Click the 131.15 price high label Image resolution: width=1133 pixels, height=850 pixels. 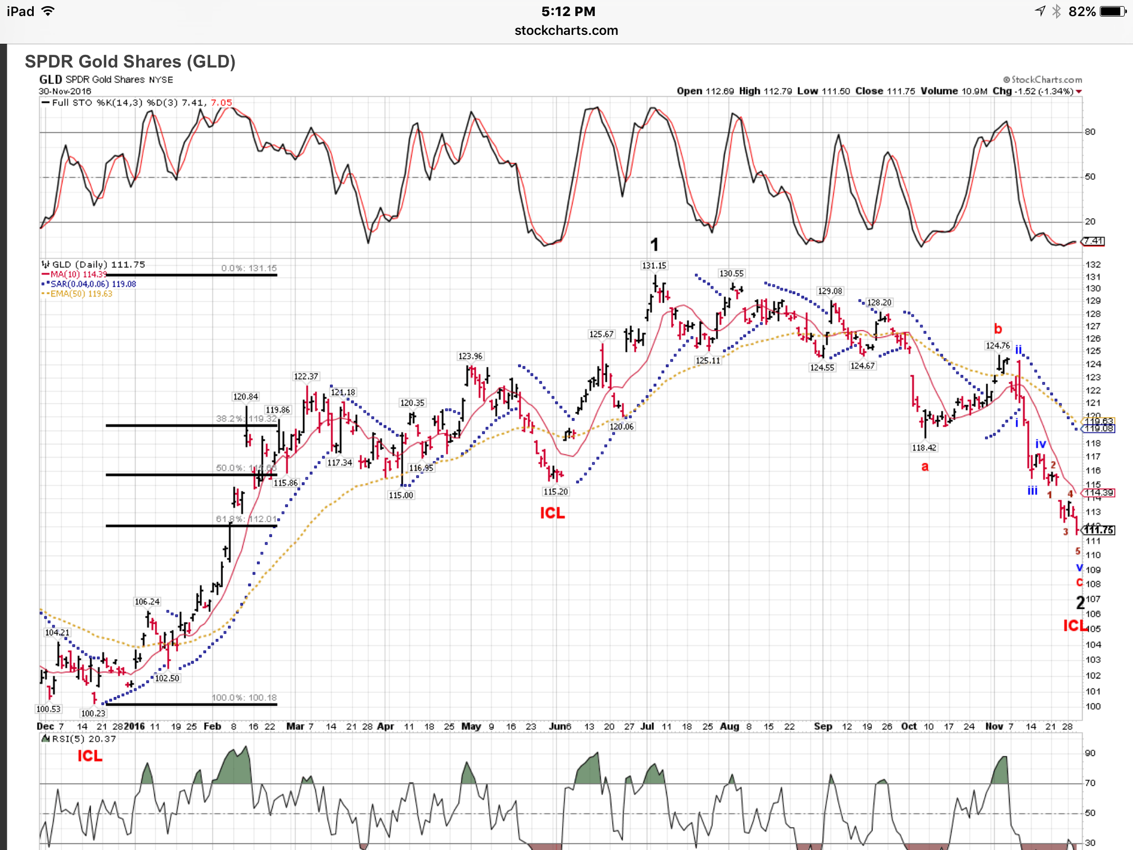654,266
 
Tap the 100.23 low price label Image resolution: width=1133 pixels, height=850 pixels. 92,713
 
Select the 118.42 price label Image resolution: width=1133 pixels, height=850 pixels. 924,448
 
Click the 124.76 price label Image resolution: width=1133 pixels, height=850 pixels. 997,346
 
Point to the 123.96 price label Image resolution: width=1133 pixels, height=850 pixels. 470,356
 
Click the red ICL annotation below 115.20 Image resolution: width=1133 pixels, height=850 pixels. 552,514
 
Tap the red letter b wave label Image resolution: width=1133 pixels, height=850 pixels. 997,329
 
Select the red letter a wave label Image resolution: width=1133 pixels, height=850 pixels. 924,467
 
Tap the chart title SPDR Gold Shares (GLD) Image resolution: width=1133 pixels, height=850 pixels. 130,61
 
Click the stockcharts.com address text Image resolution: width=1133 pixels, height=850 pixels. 566,30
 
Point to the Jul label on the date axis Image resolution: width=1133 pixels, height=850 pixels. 647,726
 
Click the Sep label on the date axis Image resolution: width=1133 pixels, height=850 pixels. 823,726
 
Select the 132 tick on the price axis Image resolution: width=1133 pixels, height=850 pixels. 1093,265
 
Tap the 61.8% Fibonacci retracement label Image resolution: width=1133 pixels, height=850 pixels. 246,519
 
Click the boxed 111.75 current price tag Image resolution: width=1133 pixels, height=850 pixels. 1099,530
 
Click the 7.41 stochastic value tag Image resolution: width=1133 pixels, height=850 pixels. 1093,241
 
